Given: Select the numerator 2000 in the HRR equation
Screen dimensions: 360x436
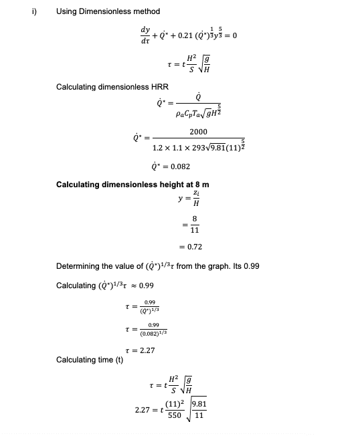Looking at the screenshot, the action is [x=198, y=132].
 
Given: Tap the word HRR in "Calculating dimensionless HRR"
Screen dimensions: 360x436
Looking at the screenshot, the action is [x=159, y=87].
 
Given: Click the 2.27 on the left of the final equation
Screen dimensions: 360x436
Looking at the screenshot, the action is [x=143, y=409].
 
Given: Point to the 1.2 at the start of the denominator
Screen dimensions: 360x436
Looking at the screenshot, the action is [x=159, y=147].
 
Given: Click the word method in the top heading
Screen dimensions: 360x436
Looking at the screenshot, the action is [x=145, y=11].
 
